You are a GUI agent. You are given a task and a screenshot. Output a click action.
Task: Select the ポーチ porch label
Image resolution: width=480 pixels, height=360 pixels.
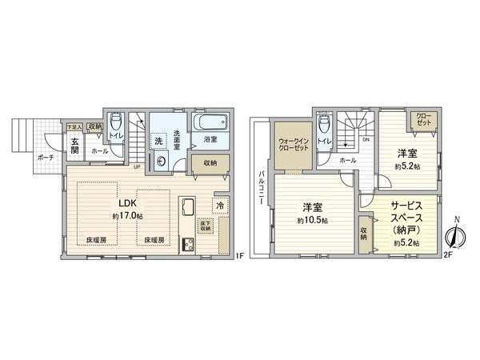click(45, 158)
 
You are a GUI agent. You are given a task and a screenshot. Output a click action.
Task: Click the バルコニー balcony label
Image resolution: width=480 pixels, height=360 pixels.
click(262, 191)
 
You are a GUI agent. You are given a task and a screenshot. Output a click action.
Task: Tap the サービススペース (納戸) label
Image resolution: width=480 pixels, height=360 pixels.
click(410, 218)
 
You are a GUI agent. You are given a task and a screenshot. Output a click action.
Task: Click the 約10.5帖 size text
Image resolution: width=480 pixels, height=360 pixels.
click(313, 220)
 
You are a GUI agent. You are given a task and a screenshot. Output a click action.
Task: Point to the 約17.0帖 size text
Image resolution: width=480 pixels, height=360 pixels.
click(127, 216)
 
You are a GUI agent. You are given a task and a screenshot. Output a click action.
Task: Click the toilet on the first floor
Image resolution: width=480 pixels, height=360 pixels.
click(116, 125)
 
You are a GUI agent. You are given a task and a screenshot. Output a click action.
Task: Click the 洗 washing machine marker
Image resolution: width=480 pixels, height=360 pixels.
click(159, 141)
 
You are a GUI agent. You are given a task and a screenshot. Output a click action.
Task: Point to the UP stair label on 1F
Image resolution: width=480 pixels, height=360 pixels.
click(138, 166)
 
